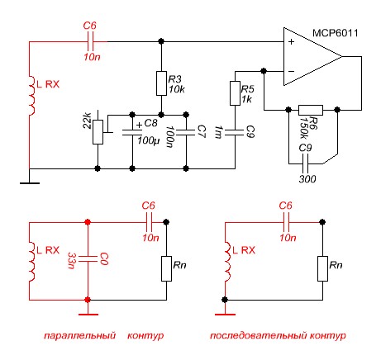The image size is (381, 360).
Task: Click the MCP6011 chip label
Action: [x=336, y=33]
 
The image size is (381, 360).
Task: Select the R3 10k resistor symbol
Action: [x=161, y=83]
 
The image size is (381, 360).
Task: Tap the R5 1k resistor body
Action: [x=235, y=93]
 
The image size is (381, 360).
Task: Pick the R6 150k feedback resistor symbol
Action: [x=311, y=110]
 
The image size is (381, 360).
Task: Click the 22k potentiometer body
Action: [x=98, y=132]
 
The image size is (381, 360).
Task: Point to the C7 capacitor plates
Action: [x=186, y=132]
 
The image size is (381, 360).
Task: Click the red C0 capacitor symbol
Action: [x=88, y=258]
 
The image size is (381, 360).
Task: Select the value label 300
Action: [x=307, y=179]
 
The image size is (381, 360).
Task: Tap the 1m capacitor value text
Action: [x=218, y=132]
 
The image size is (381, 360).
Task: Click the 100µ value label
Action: [x=149, y=141]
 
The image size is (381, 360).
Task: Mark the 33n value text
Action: [x=72, y=261]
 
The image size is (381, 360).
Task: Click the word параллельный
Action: [x=80, y=336]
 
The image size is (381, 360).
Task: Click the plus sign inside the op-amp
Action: [x=291, y=42]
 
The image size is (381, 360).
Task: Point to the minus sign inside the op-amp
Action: [x=291, y=71]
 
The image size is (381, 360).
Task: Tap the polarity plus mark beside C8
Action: [x=140, y=125]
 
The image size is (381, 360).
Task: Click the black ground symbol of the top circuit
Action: [x=30, y=183]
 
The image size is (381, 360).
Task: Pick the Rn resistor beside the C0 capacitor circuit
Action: [x=166, y=268]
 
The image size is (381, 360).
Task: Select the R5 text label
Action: [x=247, y=89]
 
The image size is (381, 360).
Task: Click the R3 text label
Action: [x=174, y=79]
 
